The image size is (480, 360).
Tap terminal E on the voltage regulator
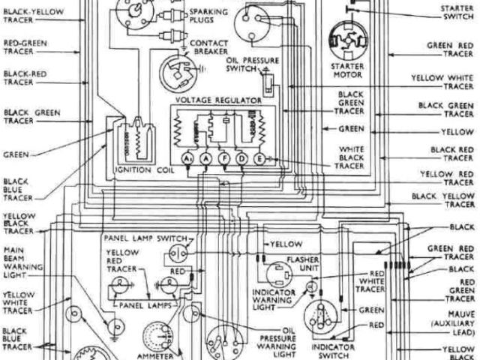pos(260,159)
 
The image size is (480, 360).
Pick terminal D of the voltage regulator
pos(241,159)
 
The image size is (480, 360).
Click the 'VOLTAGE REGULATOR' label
pos(217,99)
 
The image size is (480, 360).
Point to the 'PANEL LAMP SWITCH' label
pos(145,238)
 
